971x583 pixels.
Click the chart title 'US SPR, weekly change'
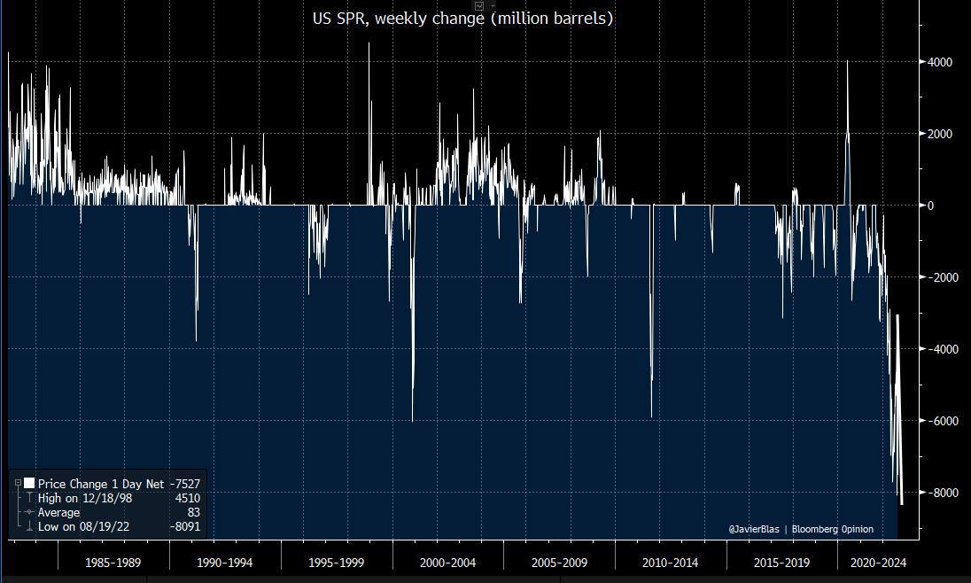click(462, 18)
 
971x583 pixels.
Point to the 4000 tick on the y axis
click(940, 62)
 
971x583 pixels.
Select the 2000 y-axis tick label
click(940, 134)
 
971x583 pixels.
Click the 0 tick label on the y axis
click(931, 206)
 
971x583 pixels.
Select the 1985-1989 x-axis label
click(113, 563)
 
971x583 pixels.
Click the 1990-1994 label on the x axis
click(225, 563)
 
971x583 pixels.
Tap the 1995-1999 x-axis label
click(337, 563)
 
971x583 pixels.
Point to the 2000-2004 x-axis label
click(448, 563)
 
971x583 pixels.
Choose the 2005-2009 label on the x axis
click(559, 563)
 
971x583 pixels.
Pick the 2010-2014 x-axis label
click(671, 563)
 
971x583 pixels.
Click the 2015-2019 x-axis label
click(781, 563)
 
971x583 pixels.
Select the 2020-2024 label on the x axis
click(878, 563)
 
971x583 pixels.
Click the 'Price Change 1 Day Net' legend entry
click(100, 484)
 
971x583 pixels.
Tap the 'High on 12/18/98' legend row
click(85, 498)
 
